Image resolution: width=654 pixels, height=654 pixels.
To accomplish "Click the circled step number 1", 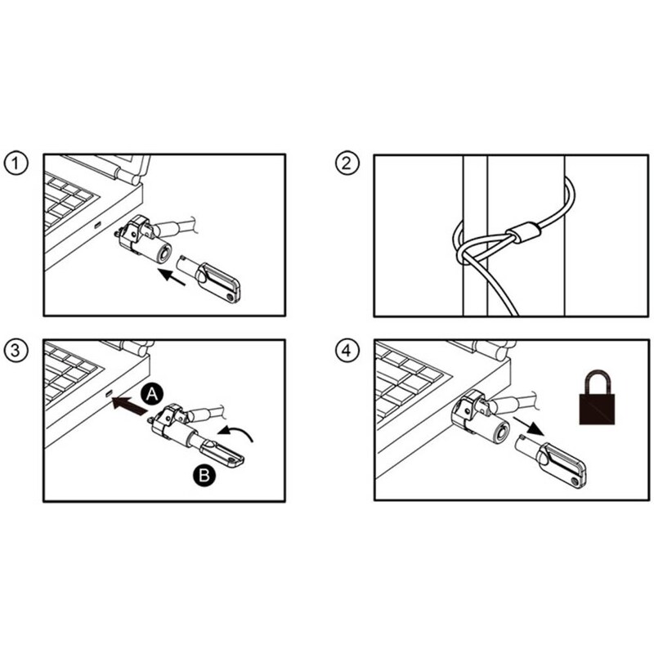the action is point(16,163).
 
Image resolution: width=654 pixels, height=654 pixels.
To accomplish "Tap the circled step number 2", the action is point(347,163).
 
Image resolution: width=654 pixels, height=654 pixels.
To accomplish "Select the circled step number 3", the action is point(16,350).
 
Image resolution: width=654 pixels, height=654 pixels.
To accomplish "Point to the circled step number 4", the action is point(347,350).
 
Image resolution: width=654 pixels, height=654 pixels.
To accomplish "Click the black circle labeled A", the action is point(152,394).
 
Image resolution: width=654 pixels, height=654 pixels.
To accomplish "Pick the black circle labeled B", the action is point(204,475).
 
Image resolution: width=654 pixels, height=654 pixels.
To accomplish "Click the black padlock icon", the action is point(597,397).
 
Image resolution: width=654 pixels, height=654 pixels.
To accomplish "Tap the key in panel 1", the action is point(208,278).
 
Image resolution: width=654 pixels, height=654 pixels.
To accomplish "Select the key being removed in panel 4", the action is point(550,460).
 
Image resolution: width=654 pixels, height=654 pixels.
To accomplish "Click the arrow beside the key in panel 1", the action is point(172,276).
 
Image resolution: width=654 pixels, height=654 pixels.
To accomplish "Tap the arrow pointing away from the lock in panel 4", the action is point(528,426).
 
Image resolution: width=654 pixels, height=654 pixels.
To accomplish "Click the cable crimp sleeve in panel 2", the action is point(522,233).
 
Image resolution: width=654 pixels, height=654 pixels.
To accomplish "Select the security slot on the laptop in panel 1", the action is point(97,226).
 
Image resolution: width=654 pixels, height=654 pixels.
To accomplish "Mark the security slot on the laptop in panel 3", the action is point(110,393).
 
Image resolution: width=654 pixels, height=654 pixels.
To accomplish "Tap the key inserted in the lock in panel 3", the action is point(219,451).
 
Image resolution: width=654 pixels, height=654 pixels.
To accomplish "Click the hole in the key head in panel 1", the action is point(231,297).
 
